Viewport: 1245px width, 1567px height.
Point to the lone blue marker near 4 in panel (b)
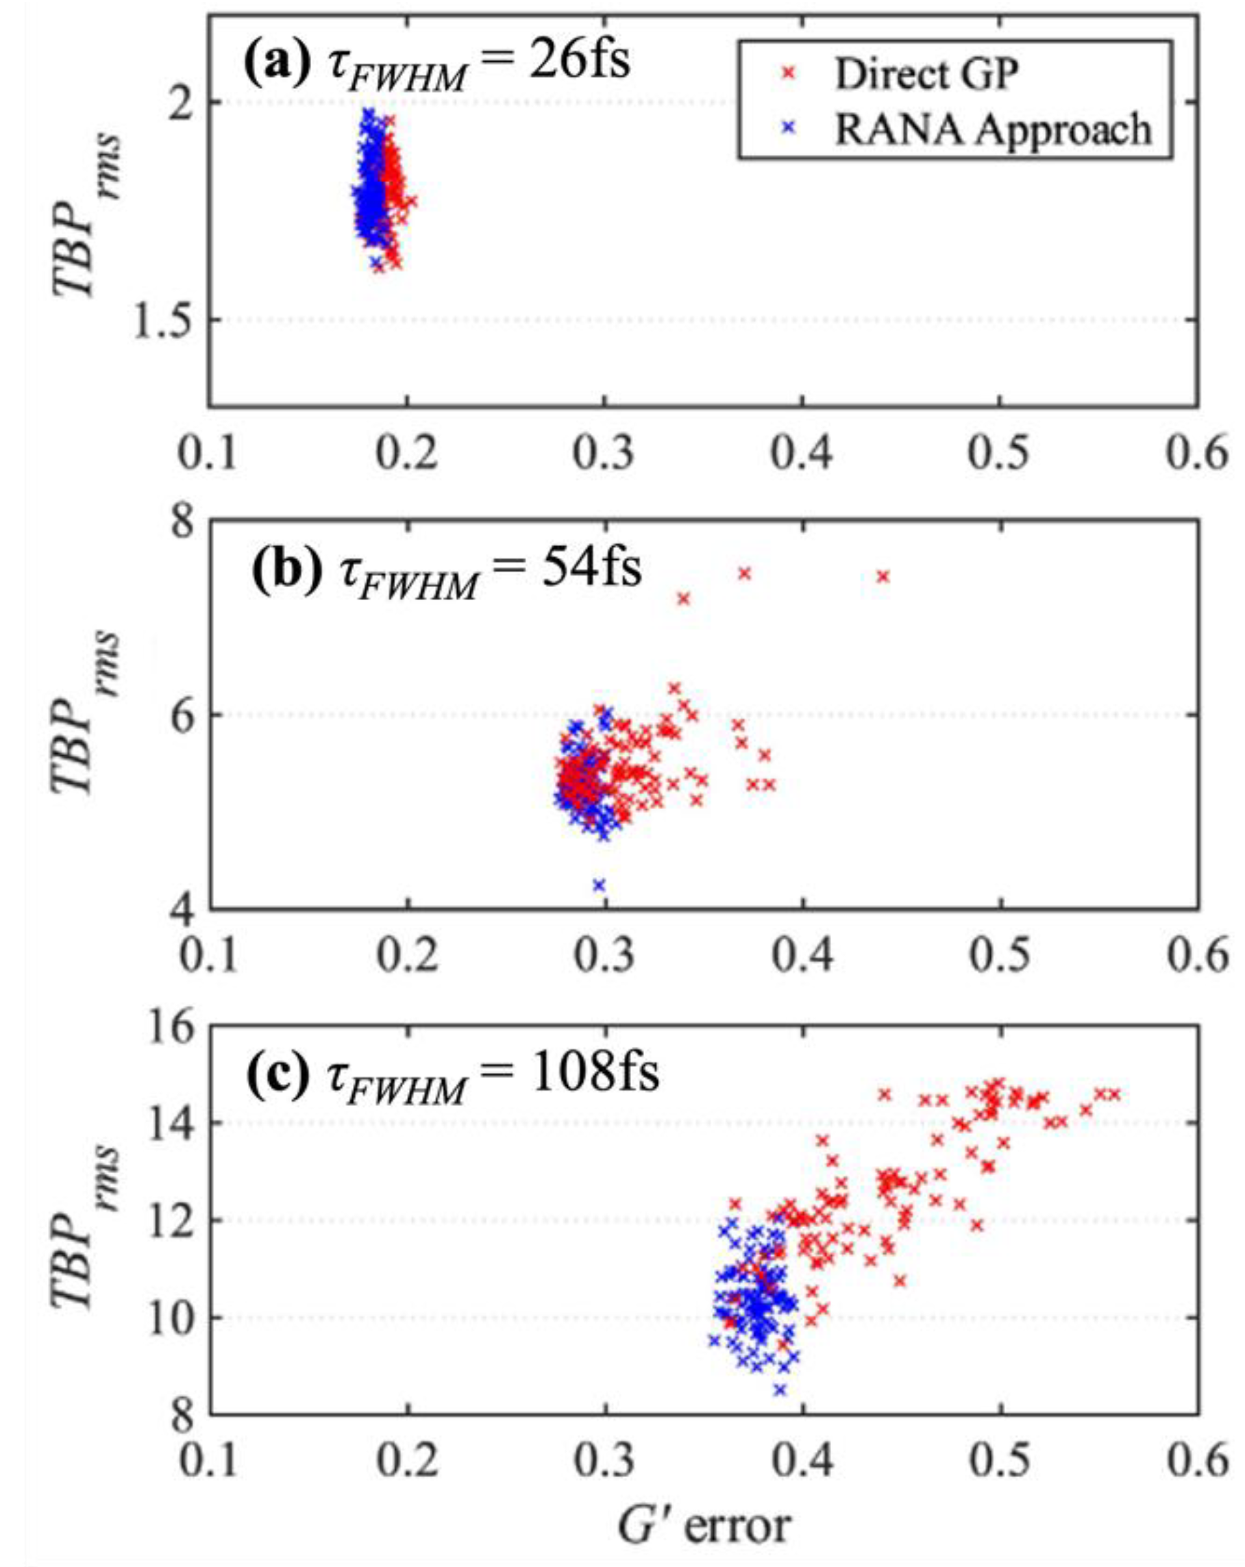point(600,885)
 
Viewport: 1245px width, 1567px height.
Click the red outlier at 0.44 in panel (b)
point(883,576)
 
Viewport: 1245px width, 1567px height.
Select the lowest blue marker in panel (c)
point(780,1410)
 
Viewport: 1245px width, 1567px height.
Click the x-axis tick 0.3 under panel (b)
point(603,955)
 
